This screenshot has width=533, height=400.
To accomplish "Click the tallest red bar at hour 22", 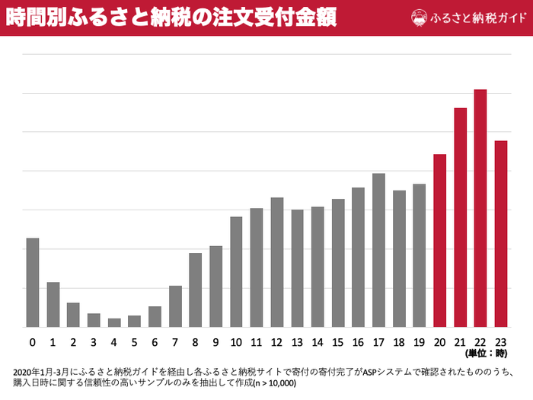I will (x=480, y=208).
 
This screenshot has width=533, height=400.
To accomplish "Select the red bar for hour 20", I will (x=439, y=240).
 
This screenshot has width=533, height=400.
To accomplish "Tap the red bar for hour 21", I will (x=460, y=217).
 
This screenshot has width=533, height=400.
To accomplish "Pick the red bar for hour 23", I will (x=501, y=233).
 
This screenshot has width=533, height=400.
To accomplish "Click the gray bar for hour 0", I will (x=33, y=282).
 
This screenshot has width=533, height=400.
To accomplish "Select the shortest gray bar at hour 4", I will (x=114, y=322).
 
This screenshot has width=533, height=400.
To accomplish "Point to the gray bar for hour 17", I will (x=378, y=250).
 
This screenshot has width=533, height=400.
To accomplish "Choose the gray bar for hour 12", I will (x=277, y=262).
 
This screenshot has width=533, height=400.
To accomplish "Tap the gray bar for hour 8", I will (x=196, y=290).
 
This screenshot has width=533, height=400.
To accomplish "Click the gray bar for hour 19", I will (x=419, y=255).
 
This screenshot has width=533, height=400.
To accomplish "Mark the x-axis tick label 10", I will (x=236, y=341).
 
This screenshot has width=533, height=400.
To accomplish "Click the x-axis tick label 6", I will (x=155, y=341).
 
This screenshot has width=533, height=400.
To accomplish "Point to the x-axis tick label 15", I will (x=338, y=341).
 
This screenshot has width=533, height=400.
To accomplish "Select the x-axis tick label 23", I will (x=501, y=341).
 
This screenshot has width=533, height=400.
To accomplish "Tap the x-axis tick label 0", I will (x=33, y=341).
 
